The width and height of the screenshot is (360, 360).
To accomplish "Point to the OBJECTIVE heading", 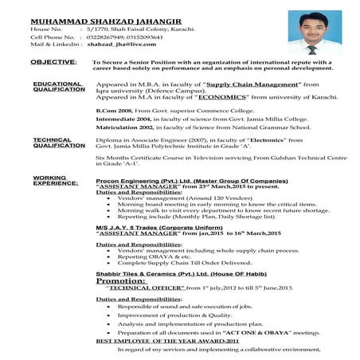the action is (53, 61).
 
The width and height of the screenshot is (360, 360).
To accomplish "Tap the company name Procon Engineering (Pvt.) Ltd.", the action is (139, 181).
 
